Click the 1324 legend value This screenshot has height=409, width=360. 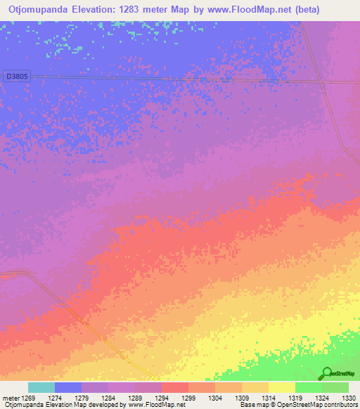tap(323, 398)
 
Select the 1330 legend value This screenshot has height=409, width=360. tap(349, 398)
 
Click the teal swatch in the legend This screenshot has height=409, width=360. tap(41, 387)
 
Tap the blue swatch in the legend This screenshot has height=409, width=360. tap(68, 387)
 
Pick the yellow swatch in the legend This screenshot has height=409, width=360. tap(281, 387)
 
